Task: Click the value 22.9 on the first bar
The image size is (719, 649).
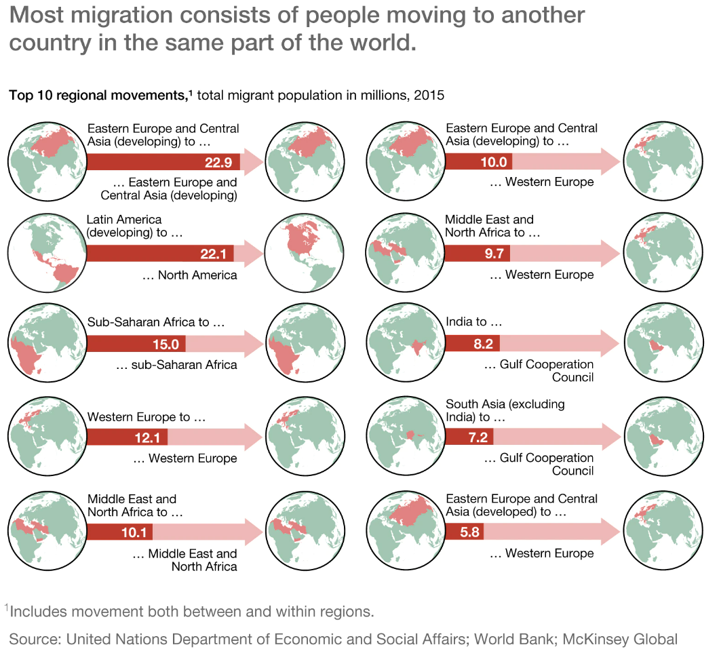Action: point(218,162)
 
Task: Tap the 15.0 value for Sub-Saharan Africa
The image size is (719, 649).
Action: point(166,344)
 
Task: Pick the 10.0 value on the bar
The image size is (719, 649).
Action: point(494,162)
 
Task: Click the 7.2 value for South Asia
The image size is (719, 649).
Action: point(478,437)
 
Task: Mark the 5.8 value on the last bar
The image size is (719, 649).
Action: point(469,532)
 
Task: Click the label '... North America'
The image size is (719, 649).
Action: point(190,275)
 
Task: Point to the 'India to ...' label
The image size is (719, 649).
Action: point(474,322)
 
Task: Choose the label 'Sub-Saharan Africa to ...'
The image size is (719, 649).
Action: point(155,322)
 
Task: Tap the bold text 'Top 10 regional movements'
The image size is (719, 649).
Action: point(97,95)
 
